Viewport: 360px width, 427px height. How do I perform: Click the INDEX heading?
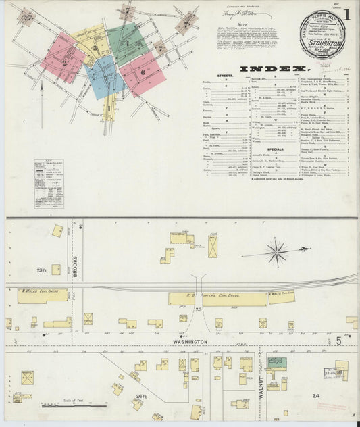tap(276, 69)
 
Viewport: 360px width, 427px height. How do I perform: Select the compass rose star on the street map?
tap(276, 253)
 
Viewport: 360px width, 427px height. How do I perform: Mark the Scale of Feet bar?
tap(74, 406)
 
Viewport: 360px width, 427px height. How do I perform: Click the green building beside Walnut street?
tap(276, 363)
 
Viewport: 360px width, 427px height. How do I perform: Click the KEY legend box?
tap(49, 183)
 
